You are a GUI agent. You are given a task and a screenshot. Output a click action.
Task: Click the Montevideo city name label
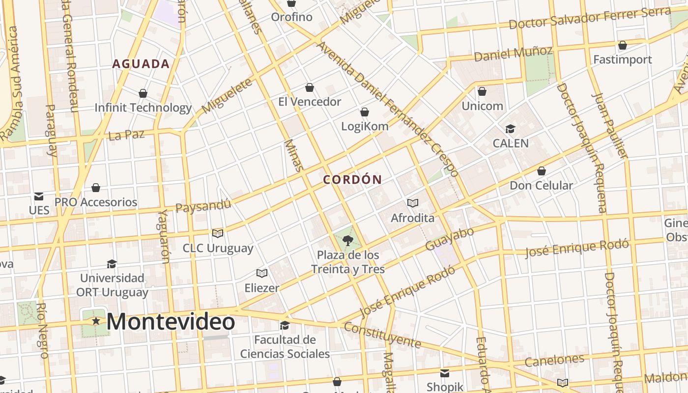point(170,322)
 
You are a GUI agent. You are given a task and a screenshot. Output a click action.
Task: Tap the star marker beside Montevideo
point(96,321)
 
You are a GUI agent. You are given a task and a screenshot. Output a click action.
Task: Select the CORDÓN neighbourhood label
point(352,180)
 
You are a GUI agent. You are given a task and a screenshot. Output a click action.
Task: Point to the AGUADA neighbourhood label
point(141,64)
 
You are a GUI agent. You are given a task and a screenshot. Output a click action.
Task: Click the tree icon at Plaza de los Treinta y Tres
point(348,240)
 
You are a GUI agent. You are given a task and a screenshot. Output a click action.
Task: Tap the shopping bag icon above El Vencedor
point(310,87)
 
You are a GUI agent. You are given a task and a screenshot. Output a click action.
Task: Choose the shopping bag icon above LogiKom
point(365,112)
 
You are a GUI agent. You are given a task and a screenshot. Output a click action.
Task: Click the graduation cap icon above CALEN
point(510,129)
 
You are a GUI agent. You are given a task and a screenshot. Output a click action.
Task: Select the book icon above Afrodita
point(413,203)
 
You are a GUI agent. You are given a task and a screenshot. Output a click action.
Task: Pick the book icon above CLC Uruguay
point(218,233)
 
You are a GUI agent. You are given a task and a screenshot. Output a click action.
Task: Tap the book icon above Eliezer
point(262,273)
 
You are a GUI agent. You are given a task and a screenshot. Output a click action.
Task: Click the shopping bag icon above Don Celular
point(541,171)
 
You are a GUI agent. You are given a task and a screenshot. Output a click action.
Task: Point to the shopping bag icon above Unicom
point(482,91)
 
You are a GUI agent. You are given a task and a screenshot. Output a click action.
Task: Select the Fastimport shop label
point(623,60)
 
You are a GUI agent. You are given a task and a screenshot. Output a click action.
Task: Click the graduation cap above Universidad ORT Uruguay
point(112,263)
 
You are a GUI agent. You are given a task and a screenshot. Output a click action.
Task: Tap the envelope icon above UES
point(39,196)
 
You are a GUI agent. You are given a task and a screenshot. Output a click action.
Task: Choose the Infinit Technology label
point(143,108)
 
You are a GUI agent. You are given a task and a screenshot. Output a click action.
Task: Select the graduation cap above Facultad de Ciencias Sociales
point(285,325)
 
